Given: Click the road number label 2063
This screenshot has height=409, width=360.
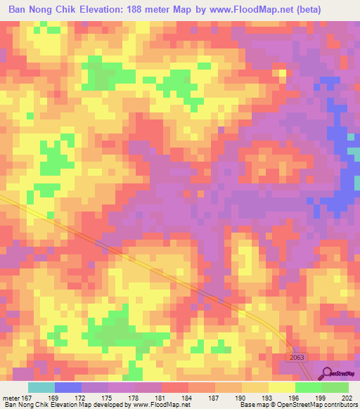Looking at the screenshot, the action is tap(297, 358).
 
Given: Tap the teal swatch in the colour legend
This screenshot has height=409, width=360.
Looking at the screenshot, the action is tap(41, 387).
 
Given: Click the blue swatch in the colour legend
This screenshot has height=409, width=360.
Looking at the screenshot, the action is tap(68, 387).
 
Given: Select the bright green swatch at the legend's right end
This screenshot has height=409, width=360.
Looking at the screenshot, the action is tap(335, 387).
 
